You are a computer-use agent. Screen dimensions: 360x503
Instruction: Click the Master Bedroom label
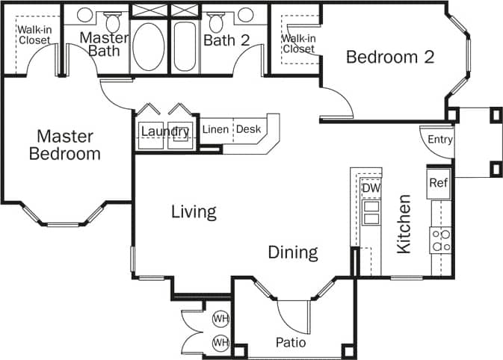(64, 145)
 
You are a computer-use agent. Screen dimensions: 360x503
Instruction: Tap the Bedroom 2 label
(390, 58)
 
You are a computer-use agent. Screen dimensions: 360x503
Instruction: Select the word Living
(194, 211)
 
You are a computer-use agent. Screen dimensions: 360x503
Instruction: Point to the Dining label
(293, 252)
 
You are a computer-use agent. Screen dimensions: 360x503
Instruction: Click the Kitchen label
(404, 224)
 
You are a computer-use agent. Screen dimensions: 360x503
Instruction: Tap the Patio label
(291, 343)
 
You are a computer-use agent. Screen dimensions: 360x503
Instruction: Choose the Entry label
(439, 140)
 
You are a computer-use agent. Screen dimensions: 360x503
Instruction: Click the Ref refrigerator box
(438, 183)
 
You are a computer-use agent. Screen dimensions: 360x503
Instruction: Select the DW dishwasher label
(371, 188)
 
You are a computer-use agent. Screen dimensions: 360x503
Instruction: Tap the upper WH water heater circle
(220, 319)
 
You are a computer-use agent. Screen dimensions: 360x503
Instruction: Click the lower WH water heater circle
(220, 343)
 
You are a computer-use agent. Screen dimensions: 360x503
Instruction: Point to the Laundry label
(164, 132)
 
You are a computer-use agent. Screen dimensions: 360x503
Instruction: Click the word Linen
(216, 129)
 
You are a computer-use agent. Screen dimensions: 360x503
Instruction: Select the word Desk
(249, 129)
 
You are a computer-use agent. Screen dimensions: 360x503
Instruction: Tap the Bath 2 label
(226, 40)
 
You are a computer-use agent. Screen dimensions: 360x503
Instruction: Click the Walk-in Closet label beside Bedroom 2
(298, 43)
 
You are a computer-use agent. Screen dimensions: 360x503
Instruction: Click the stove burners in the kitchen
(440, 239)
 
